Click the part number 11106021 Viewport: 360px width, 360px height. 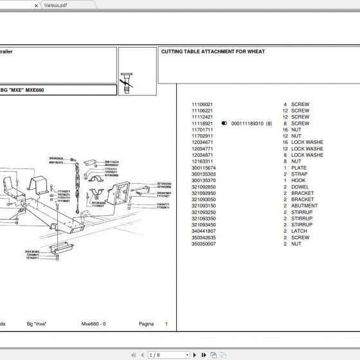click(x=203, y=104)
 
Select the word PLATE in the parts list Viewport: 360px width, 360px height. click(x=298, y=168)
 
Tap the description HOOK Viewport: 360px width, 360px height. click(x=298, y=181)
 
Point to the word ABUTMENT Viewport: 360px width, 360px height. click(x=304, y=206)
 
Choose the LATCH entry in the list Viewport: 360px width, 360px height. click(x=299, y=231)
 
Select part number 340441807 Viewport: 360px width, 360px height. click(x=204, y=231)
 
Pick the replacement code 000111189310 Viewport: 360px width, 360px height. click(x=248, y=123)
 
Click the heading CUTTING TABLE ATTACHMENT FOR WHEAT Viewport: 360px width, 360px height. click(x=213, y=51)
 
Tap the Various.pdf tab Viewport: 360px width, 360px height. click(x=55, y=4)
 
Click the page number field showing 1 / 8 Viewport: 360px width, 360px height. click(x=161, y=354)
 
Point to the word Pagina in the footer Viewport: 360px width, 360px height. click(x=147, y=324)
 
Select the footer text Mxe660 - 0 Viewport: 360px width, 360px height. click(x=94, y=324)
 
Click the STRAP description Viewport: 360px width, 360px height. click(x=299, y=174)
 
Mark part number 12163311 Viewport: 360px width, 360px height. click(x=203, y=161)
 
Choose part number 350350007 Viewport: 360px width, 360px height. click(x=204, y=244)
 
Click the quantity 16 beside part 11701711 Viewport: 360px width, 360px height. click(x=284, y=130)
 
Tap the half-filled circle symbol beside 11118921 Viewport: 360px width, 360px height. click(x=224, y=123)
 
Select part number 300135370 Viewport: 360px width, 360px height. click(x=204, y=181)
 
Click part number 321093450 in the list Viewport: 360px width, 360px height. click(x=204, y=224)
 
